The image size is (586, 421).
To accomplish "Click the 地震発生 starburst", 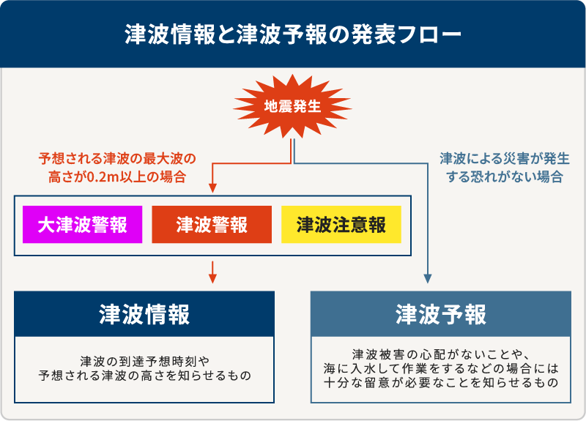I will coord(292,106).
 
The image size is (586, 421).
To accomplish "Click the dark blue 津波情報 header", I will coord(144,314).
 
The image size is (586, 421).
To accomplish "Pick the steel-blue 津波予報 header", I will coord(440,314).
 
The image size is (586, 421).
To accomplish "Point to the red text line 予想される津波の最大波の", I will coord(117,158).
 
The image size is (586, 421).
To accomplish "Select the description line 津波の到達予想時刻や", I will coord(144,360).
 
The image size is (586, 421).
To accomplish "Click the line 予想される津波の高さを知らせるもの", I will coord(144,376).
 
